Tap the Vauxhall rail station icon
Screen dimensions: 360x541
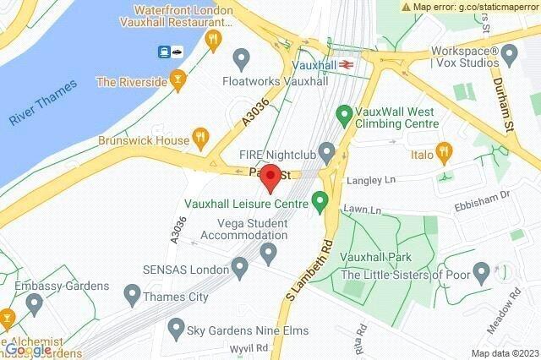[x=347, y=63]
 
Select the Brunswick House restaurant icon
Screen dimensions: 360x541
[x=200, y=136]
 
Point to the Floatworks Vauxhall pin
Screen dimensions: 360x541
[x=241, y=59]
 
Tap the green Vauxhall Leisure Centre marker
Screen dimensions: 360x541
[x=320, y=201]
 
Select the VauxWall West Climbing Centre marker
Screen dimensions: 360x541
[x=344, y=112]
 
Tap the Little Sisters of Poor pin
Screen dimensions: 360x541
[x=482, y=272]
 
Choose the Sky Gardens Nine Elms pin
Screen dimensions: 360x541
[x=176, y=327]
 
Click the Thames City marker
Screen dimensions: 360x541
[x=132, y=295]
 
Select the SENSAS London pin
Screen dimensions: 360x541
[x=240, y=269]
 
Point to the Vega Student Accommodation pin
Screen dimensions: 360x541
[x=270, y=252]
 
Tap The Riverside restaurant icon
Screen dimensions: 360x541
[x=177, y=81]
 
